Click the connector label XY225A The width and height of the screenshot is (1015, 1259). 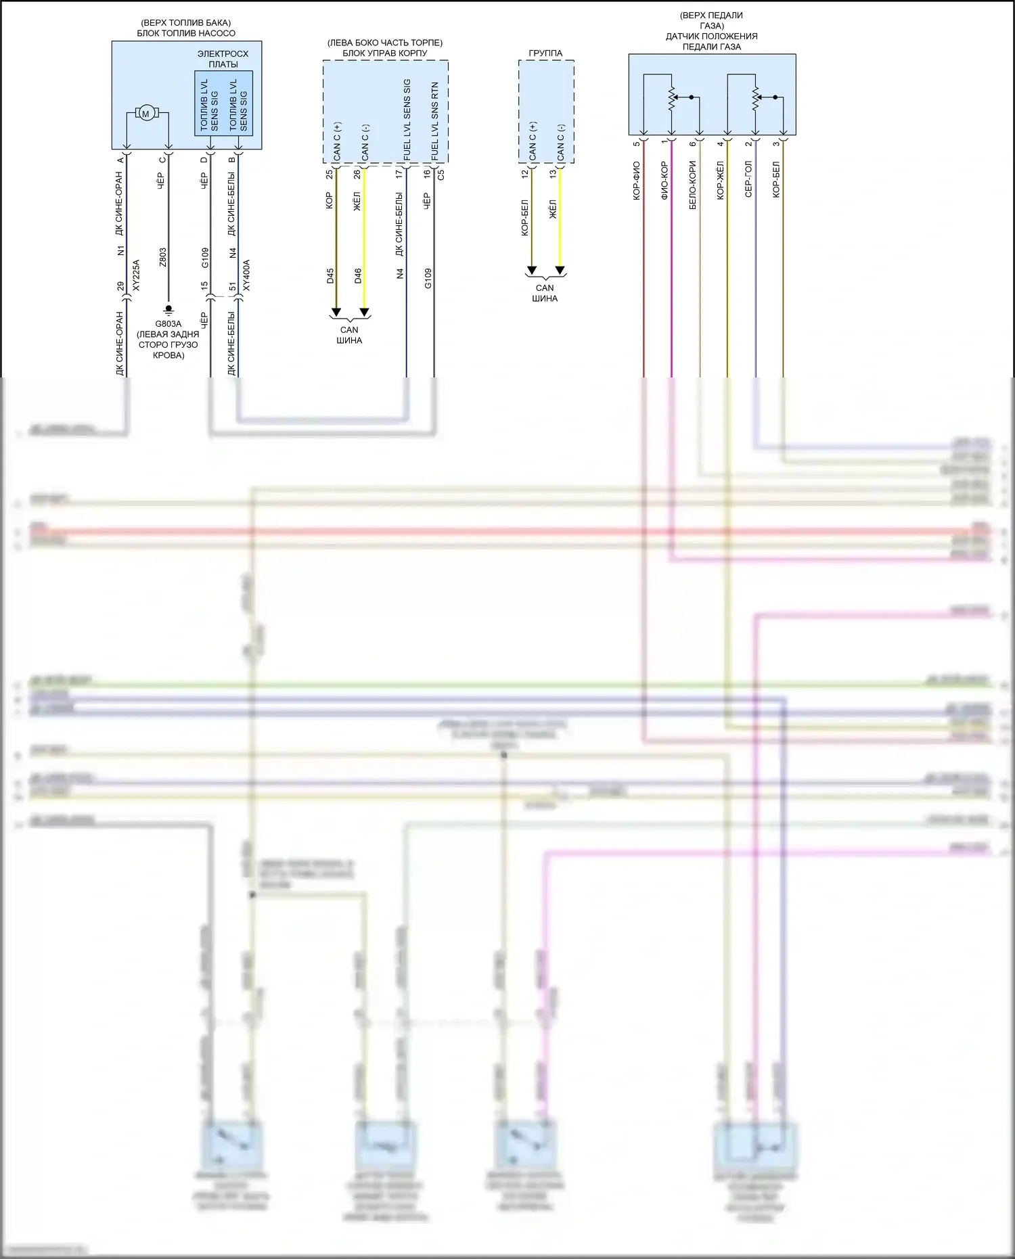pyautogui.click(x=135, y=275)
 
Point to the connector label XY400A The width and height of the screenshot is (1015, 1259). pyautogui.click(x=246, y=275)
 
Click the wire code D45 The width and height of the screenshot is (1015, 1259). pyautogui.click(x=330, y=276)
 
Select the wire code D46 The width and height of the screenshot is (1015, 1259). pyautogui.click(x=358, y=276)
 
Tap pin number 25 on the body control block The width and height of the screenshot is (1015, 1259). pyautogui.click(x=330, y=174)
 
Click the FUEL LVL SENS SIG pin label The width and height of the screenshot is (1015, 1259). pyautogui.click(x=407, y=120)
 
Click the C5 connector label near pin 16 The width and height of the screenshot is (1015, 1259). pyautogui.click(x=441, y=174)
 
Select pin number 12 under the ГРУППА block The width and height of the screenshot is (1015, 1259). pyautogui.click(x=524, y=174)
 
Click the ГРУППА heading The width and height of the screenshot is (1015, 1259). pyautogui.click(x=545, y=53)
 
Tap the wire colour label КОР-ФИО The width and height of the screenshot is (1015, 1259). pyautogui.click(x=637, y=180)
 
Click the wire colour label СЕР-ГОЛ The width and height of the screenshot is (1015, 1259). pyautogui.click(x=748, y=180)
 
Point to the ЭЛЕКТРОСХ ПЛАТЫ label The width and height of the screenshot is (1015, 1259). pyautogui.click(x=223, y=59)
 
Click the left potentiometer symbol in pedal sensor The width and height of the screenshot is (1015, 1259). pyautogui.click(x=672, y=98)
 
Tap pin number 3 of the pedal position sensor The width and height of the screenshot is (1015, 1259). pyautogui.click(x=776, y=143)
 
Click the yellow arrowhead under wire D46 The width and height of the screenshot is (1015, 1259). pyautogui.click(x=364, y=313)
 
